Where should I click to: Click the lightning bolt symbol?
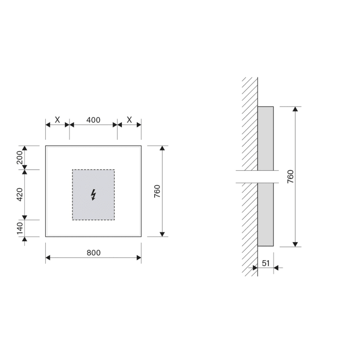click(x=93, y=194)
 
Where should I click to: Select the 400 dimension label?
click(x=93, y=120)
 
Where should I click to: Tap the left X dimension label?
click(x=57, y=120)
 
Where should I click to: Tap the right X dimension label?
click(x=129, y=120)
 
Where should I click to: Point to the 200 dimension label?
click(x=20, y=157)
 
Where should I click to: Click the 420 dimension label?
click(x=20, y=194)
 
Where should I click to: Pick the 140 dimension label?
click(x=20, y=228)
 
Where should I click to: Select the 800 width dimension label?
click(x=93, y=252)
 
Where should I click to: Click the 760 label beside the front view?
click(x=157, y=191)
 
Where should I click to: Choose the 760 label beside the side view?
click(x=290, y=176)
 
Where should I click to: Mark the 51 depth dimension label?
click(x=266, y=262)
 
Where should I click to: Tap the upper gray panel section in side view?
click(x=265, y=138)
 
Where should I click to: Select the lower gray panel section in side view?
click(x=265, y=215)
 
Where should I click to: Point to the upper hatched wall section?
click(x=250, y=123)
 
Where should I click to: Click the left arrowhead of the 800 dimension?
click(x=48, y=258)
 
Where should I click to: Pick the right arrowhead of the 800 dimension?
click(x=139, y=258)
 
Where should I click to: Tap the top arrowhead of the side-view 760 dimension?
click(x=295, y=110)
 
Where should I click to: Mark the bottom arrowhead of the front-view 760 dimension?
click(x=163, y=233)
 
